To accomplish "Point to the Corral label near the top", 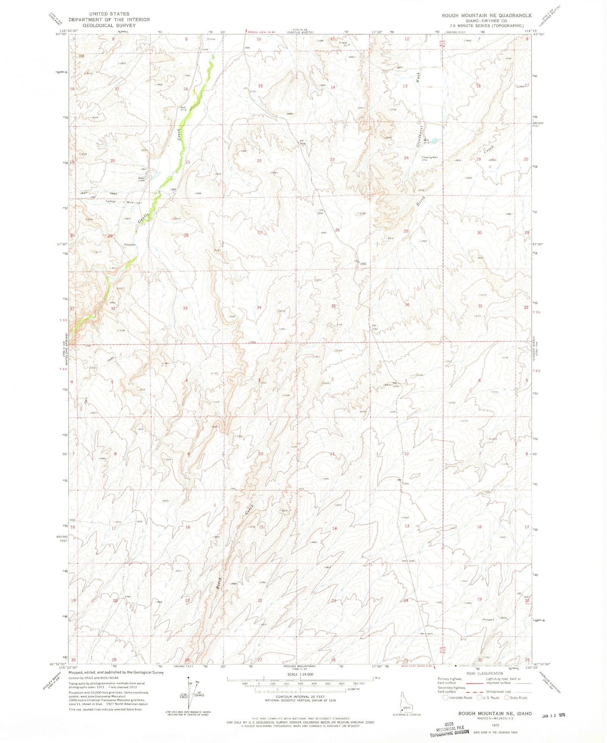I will [211, 39].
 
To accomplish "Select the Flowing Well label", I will [429, 157].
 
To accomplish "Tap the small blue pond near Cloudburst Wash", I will [434, 141].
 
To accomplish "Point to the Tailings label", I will [110, 201].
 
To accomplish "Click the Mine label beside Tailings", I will [129, 202].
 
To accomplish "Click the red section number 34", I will [259, 307].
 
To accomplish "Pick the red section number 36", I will [407, 305].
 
